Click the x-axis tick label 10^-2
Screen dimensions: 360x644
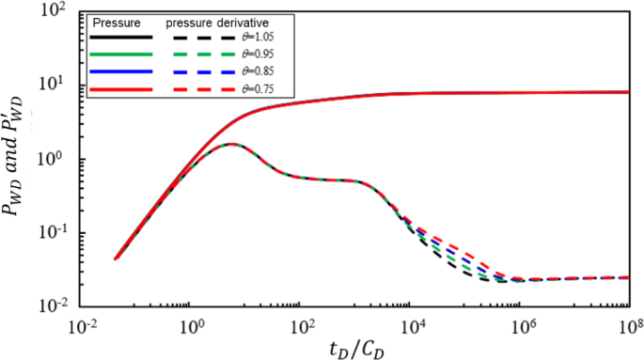(x=83, y=325)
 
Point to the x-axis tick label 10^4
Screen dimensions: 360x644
(x=411, y=325)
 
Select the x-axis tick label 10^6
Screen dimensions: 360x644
(x=521, y=325)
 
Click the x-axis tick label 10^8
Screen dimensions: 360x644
(x=628, y=325)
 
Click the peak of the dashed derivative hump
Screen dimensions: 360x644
(x=229, y=144)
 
